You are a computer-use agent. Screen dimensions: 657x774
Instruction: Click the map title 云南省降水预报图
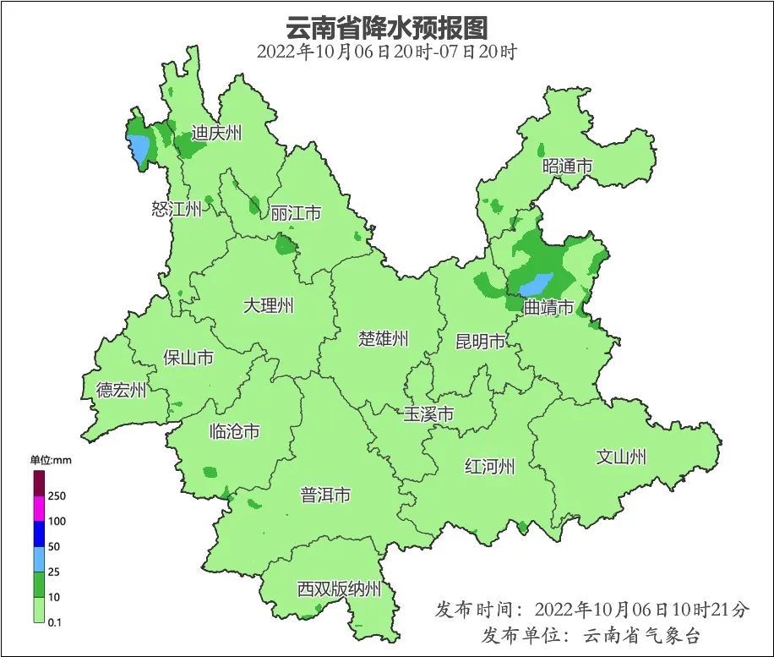click(x=386, y=27)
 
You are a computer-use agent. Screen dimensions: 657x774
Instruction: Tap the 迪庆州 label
click(x=216, y=133)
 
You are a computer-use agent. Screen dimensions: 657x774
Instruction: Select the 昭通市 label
click(x=567, y=167)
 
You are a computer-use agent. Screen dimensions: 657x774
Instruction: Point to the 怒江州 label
click(x=177, y=210)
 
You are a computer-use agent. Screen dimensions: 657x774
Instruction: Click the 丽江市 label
click(x=296, y=213)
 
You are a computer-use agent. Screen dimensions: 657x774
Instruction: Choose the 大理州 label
click(x=268, y=305)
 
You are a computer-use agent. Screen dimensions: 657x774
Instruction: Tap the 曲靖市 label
click(x=548, y=308)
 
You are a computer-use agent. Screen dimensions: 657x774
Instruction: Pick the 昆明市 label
click(x=480, y=342)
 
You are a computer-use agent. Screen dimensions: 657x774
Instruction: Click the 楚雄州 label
click(x=383, y=339)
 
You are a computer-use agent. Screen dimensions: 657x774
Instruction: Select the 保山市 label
click(x=188, y=358)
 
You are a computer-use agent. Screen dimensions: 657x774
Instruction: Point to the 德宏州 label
click(x=121, y=390)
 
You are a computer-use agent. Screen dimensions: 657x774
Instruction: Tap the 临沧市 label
click(x=234, y=432)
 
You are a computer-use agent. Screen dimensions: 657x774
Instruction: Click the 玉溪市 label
click(x=428, y=414)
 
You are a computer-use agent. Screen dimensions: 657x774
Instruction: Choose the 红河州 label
click(x=489, y=466)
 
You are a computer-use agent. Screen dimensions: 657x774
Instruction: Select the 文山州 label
click(x=621, y=457)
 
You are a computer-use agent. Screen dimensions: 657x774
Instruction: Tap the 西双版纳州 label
click(x=339, y=589)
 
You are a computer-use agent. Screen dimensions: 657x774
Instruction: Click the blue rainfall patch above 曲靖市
click(x=535, y=284)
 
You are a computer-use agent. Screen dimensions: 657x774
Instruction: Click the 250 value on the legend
click(x=57, y=495)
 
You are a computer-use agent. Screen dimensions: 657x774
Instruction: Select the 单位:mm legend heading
click(x=52, y=460)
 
